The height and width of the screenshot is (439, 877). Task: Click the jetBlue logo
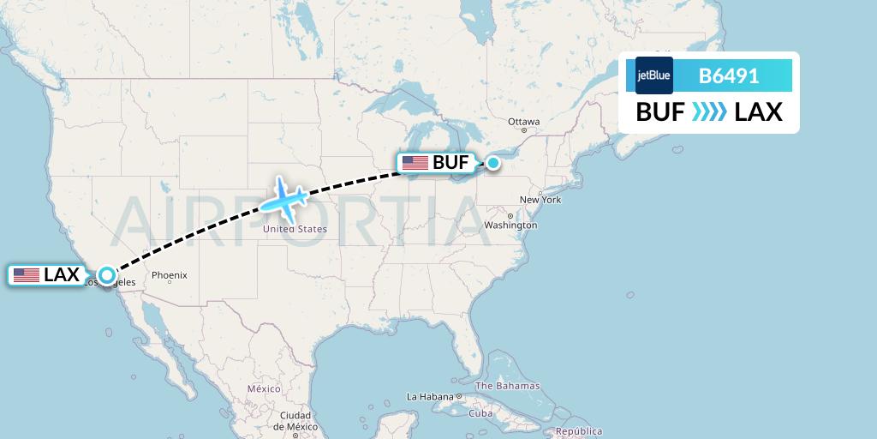pyautogui.click(x=653, y=75)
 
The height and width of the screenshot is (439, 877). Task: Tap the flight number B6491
pyautogui.click(x=729, y=75)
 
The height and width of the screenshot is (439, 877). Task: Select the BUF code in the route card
pyautogui.click(x=659, y=111)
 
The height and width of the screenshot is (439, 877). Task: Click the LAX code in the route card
pyautogui.click(x=759, y=111)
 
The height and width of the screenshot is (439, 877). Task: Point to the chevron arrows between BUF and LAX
pyautogui.click(x=709, y=111)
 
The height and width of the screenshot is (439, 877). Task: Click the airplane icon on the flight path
pyautogui.click(x=283, y=200)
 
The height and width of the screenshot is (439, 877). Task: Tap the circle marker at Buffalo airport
pyautogui.click(x=493, y=162)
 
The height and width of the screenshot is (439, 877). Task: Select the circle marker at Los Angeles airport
pyautogui.click(x=106, y=275)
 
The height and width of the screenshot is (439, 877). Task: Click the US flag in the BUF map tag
pyautogui.click(x=415, y=162)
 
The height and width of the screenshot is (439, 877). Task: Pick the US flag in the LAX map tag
pyautogui.click(x=27, y=275)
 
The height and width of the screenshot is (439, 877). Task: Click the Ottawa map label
pyautogui.click(x=523, y=122)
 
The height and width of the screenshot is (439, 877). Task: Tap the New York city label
pyautogui.click(x=540, y=200)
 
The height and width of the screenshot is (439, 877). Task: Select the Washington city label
pyautogui.click(x=511, y=226)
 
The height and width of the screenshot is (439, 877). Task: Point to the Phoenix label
pyautogui.click(x=169, y=275)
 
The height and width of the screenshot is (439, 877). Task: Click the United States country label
pyautogui.click(x=295, y=229)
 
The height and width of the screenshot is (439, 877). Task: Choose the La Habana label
pyautogui.click(x=429, y=397)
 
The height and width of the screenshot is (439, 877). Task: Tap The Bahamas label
pyautogui.click(x=508, y=386)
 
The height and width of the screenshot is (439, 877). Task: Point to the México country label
pyautogui.click(x=264, y=388)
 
